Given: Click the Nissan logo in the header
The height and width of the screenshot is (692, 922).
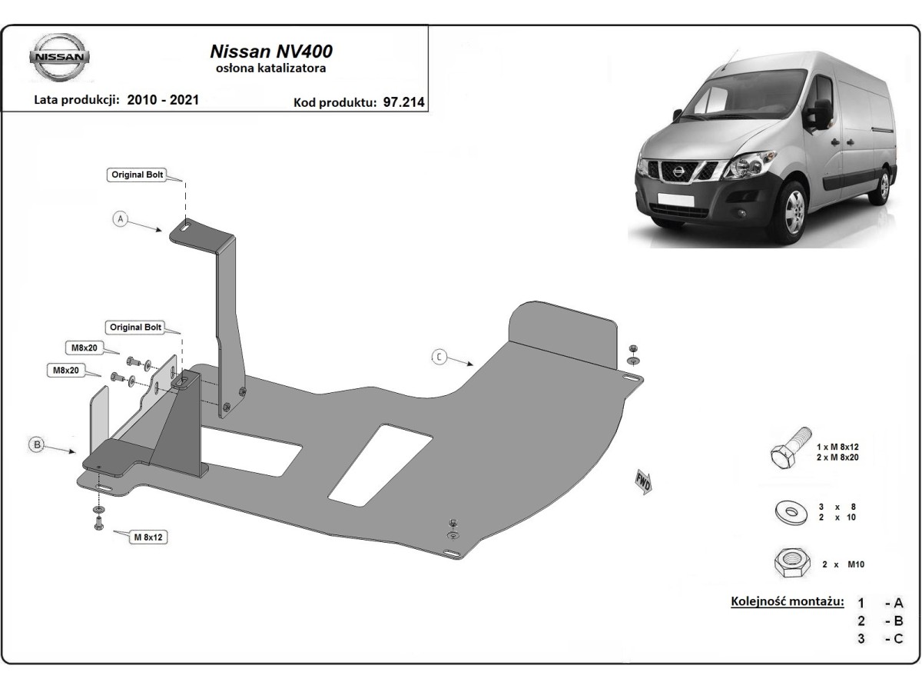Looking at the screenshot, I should (x=61, y=58).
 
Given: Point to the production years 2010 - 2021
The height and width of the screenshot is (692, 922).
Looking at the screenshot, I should (x=163, y=100).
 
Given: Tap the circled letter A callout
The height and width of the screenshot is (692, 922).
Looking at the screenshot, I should (x=120, y=219).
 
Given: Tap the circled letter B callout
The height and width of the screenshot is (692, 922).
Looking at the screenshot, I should (x=35, y=444).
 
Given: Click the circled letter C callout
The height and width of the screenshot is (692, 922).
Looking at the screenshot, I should (x=439, y=356).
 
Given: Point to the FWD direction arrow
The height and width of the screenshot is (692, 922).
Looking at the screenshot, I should (x=643, y=480).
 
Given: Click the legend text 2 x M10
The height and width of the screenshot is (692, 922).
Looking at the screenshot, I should (x=843, y=564).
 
